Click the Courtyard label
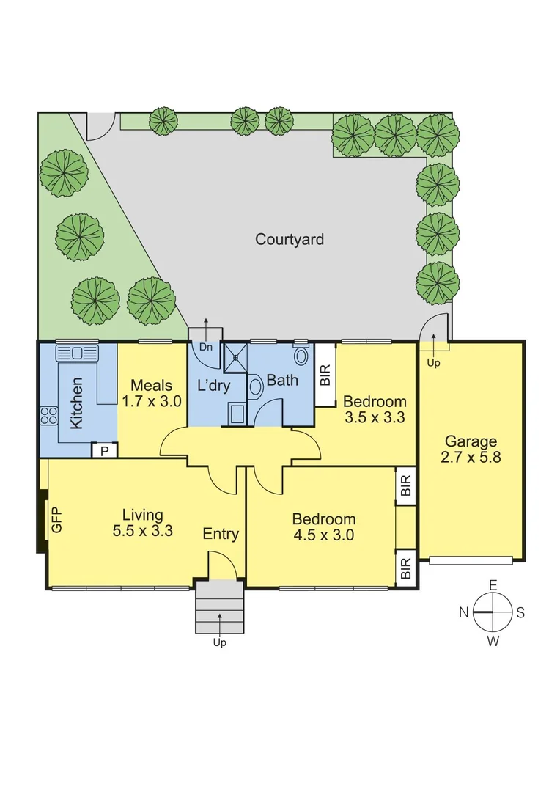pos(290,239)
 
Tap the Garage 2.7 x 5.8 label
pos(471,449)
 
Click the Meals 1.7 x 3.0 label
pos(152,393)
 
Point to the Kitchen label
pos(76,403)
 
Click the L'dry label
pos(214,386)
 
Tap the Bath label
pos(282,381)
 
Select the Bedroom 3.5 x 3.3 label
pos(375,409)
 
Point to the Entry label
pos(221,534)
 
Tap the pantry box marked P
pos(104,450)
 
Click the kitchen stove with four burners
pos(49,416)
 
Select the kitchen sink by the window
pos(76,353)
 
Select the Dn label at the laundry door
pos(206,348)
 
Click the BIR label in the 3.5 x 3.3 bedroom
pos(325,375)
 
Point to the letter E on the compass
pos(493,584)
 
